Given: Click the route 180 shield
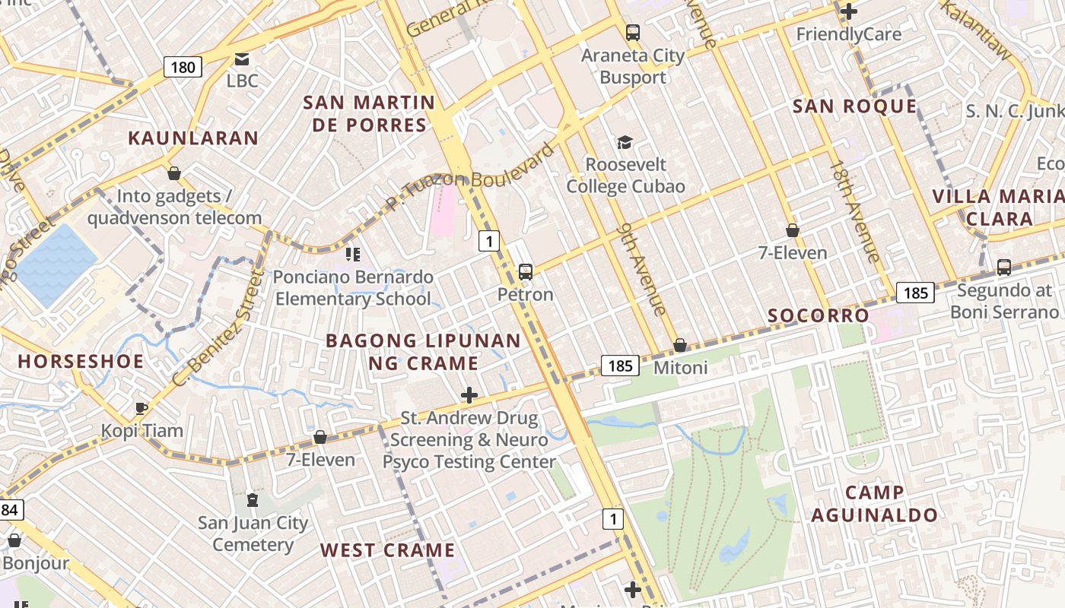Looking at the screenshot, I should pyautogui.click(x=183, y=67).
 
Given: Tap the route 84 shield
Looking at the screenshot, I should pyautogui.click(x=9, y=509).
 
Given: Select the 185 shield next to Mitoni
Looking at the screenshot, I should pyautogui.click(x=620, y=366).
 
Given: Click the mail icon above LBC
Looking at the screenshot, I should pyautogui.click(x=242, y=59).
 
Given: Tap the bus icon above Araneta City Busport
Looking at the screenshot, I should pyautogui.click(x=633, y=33).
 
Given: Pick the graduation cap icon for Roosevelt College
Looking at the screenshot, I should pyautogui.click(x=625, y=142).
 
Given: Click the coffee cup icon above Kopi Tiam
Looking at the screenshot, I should pyautogui.click(x=141, y=408).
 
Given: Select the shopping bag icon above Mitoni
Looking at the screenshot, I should pyautogui.click(x=680, y=346).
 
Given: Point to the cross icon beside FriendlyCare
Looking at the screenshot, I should pyautogui.click(x=849, y=11).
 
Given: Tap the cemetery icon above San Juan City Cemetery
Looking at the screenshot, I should pyautogui.click(x=252, y=500).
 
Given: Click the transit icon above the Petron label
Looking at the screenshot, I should pyautogui.click(x=525, y=271).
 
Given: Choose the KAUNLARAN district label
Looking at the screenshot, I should pyautogui.click(x=193, y=138).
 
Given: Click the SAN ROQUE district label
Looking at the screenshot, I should pyautogui.click(x=854, y=106).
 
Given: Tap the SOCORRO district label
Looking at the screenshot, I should pyautogui.click(x=818, y=315).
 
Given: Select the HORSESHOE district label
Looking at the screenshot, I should pyautogui.click(x=81, y=361).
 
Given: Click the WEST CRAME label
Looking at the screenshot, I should pyautogui.click(x=387, y=550).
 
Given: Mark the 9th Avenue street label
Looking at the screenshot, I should pyautogui.click(x=643, y=268).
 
